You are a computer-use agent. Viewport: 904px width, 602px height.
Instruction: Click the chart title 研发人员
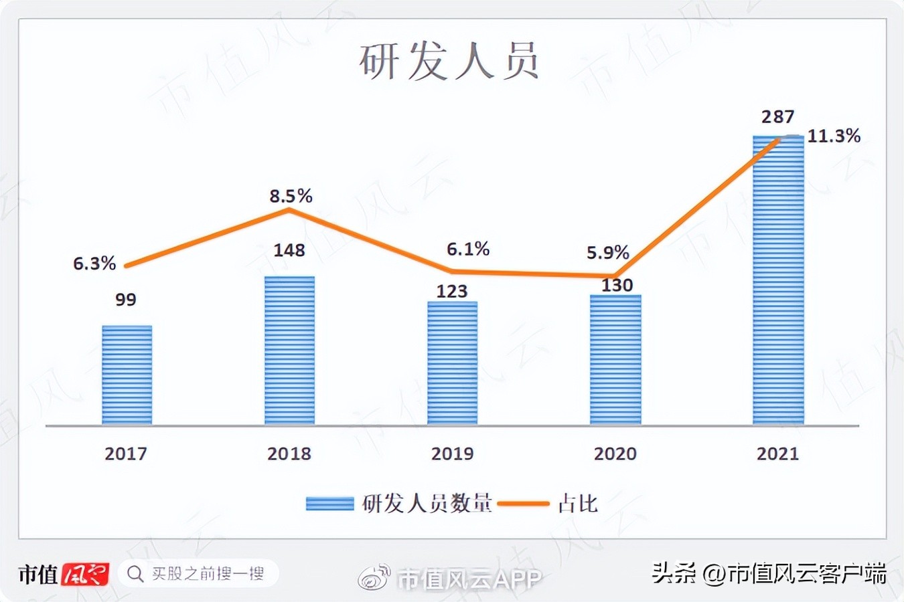click(x=449, y=62)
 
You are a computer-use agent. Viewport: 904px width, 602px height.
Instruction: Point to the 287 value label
click(x=778, y=117)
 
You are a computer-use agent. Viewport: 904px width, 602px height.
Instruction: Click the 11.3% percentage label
click(x=834, y=136)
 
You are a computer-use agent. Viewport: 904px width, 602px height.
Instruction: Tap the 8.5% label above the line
click(x=291, y=196)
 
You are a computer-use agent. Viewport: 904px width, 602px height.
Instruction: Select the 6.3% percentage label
click(x=94, y=264)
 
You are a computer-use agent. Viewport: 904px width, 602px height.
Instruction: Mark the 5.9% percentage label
click(x=608, y=253)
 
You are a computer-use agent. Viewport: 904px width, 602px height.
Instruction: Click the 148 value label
click(x=289, y=250)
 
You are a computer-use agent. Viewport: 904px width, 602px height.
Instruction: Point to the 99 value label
click(x=126, y=300)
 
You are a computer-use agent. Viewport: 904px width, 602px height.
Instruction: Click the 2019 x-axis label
click(x=453, y=454)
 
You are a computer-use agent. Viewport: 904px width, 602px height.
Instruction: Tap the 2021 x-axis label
click(x=778, y=454)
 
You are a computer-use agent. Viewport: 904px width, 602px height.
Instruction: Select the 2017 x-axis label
click(x=126, y=454)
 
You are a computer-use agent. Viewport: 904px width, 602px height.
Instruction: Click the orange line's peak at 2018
click(x=289, y=210)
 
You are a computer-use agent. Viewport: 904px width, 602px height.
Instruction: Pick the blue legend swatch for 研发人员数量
click(x=329, y=504)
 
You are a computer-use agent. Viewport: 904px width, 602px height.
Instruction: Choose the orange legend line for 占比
click(x=524, y=504)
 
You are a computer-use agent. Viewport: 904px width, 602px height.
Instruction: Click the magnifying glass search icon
click(x=135, y=574)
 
